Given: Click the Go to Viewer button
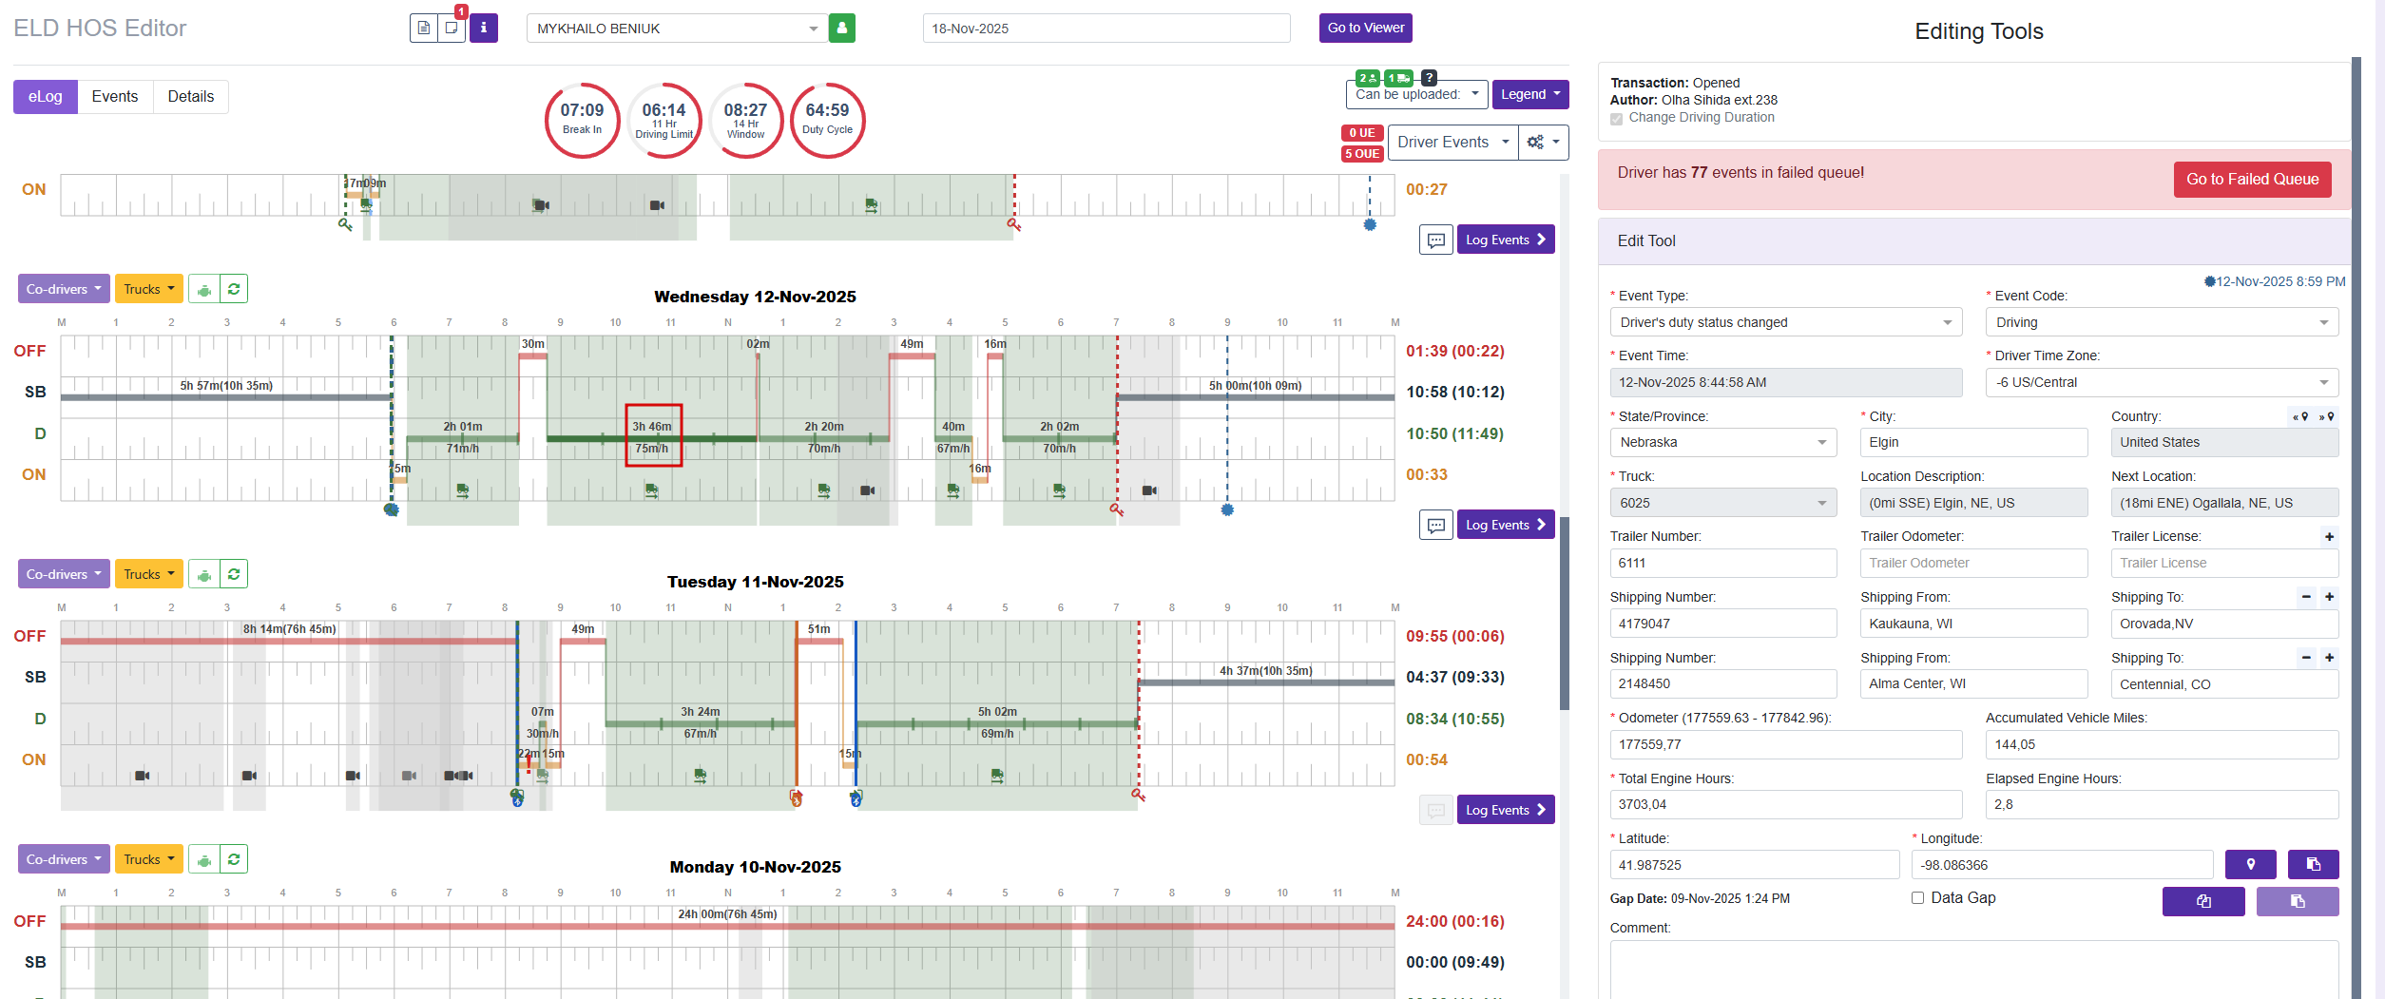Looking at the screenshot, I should [x=1365, y=29].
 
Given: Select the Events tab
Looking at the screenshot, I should [x=115, y=97].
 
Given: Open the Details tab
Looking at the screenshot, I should [x=190, y=97].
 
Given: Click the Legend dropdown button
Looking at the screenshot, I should [x=1529, y=94].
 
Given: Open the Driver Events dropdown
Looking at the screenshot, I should [x=1452, y=143].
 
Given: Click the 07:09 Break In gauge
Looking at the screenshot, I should [x=582, y=120].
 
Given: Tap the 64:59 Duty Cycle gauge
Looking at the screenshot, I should [x=827, y=120].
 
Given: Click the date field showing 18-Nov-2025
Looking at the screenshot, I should [x=1106, y=29].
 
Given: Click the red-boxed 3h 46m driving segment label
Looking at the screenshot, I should [x=653, y=435].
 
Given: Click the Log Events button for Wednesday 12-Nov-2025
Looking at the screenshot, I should [x=1505, y=525].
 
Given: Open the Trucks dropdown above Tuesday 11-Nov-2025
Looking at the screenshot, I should [x=148, y=574].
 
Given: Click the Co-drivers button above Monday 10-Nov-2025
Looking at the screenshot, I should [x=64, y=859].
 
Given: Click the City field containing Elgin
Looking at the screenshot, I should [x=1972, y=443].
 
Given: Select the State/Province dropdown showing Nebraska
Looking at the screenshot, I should [x=1722, y=443].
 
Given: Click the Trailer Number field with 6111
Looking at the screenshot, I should [x=1722, y=564].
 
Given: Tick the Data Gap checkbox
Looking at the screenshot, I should [x=1917, y=898].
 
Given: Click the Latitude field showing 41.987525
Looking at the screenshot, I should [x=1754, y=865].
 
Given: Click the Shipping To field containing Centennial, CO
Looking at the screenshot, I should [x=2223, y=684].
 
